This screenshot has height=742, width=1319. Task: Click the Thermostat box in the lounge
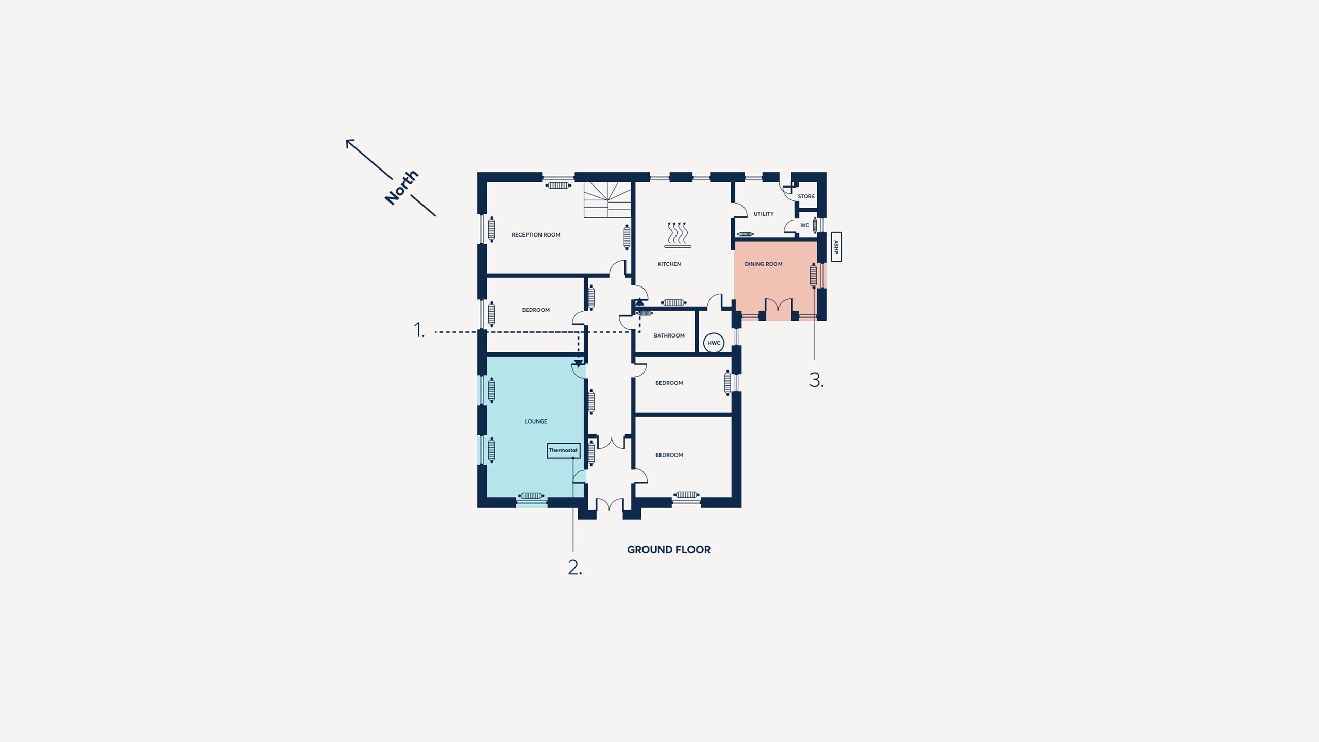click(563, 450)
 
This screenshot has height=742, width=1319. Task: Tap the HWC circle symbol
click(714, 343)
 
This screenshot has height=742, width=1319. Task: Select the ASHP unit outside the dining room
click(836, 247)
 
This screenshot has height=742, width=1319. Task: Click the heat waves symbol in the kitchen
click(678, 235)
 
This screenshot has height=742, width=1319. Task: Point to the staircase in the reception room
click(607, 199)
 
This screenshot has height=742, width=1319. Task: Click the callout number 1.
click(419, 330)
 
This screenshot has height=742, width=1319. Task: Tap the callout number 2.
click(574, 567)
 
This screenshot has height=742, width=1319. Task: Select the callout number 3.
click(816, 380)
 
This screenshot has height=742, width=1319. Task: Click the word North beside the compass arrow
click(402, 188)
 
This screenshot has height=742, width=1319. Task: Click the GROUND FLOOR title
click(669, 550)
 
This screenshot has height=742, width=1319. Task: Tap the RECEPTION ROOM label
click(536, 235)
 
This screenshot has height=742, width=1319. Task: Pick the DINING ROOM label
click(764, 264)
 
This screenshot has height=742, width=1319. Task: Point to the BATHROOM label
click(669, 335)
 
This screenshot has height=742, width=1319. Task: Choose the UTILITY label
click(764, 214)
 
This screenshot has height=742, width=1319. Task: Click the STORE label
click(806, 196)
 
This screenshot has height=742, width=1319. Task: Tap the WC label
click(805, 225)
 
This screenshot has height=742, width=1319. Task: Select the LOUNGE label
click(536, 421)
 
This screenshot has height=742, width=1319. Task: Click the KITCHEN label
click(669, 264)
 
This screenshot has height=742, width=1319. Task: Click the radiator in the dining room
click(814, 276)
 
